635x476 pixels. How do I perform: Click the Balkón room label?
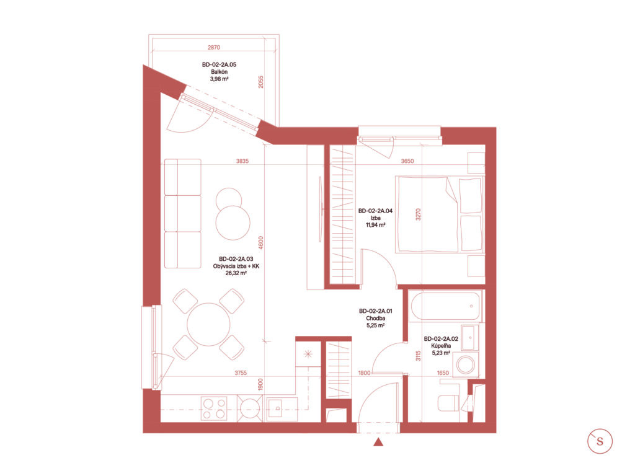[x=219, y=72]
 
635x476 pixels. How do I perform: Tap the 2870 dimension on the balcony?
[x=214, y=47]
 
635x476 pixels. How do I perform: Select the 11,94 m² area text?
[x=375, y=225]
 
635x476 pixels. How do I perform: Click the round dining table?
[x=208, y=324]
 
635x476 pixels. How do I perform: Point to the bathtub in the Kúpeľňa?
[x=445, y=306]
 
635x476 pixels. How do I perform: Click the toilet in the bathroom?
[x=448, y=402]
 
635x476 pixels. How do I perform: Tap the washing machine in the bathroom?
[x=466, y=364]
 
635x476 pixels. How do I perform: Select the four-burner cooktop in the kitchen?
[x=215, y=408]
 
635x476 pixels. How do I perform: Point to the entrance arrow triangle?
[x=378, y=443]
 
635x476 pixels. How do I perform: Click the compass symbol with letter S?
[x=600, y=441]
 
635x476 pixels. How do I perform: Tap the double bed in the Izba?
[x=440, y=214]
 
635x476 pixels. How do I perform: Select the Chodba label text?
[x=375, y=319]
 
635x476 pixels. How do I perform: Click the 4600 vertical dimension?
[x=261, y=242]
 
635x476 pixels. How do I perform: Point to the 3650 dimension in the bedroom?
[x=407, y=161]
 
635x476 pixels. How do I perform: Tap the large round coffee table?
[x=233, y=223]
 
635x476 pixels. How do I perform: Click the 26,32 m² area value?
[x=236, y=273]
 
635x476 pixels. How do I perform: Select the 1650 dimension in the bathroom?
[x=443, y=372]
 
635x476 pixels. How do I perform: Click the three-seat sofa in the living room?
[x=183, y=213]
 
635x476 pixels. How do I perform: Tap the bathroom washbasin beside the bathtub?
[x=470, y=337]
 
